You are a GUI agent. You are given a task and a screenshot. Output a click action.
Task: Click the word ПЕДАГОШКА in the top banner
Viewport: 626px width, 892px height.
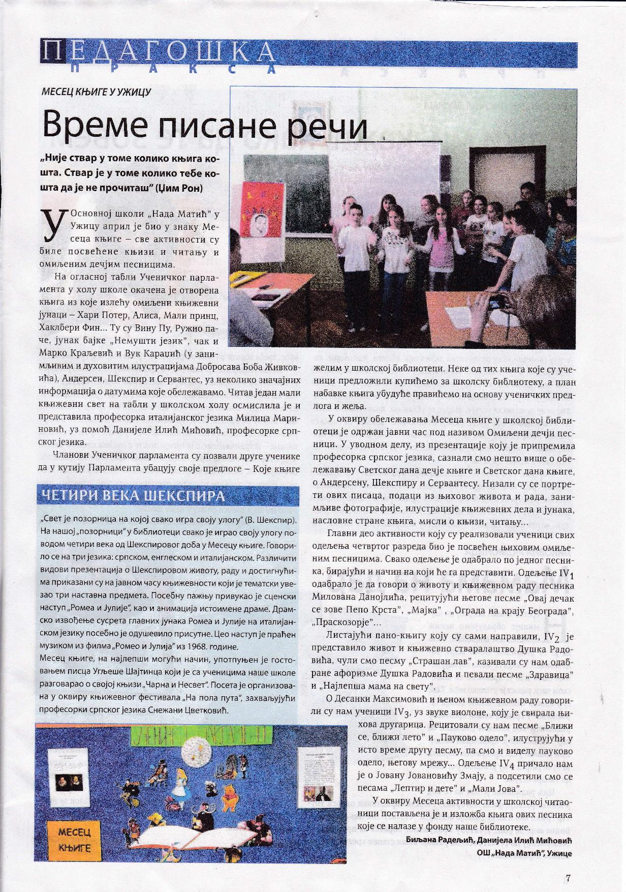[x=158, y=52]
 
